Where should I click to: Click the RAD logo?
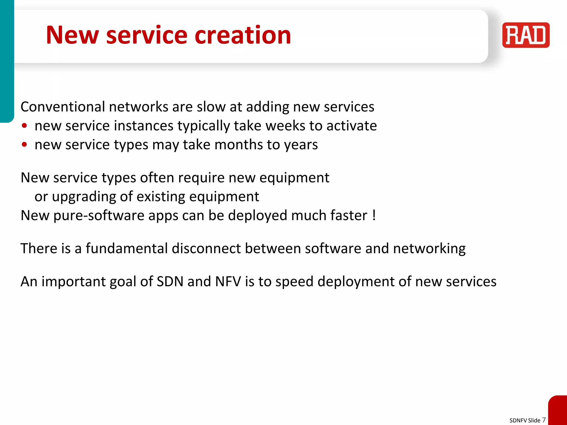(526, 35)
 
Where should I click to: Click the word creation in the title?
(243, 35)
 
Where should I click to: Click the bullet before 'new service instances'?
(24, 126)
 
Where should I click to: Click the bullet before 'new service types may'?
(24, 145)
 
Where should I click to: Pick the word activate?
(352, 126)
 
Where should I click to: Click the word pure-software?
(99, 216)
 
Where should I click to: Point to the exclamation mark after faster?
(374, 215)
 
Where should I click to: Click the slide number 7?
(544, 420)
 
